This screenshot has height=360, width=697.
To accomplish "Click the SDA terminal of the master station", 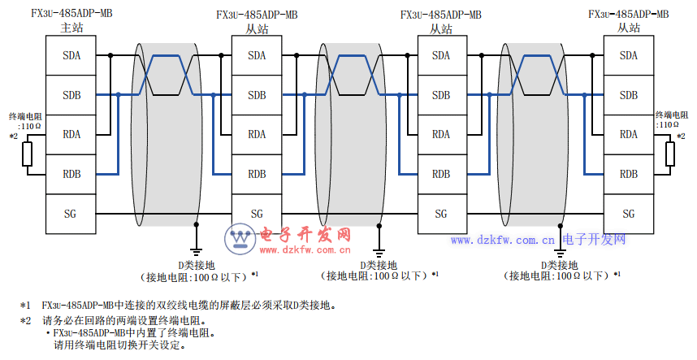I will [x=70, y=55].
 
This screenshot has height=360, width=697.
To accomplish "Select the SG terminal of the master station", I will [x=70, y=214].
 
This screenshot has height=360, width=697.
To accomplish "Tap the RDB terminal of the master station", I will [x=70, y=174].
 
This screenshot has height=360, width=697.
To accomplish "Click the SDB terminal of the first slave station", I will [x=257, y=95].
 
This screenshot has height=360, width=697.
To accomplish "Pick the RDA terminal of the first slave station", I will [x=257, y=134].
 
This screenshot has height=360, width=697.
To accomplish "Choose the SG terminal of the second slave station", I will [x=441, y=214].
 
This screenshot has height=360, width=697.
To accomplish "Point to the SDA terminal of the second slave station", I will [x=441, y=55].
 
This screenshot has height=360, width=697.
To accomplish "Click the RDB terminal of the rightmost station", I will [x=628, y=174].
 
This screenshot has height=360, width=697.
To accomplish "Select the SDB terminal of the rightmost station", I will [x=628, y=95].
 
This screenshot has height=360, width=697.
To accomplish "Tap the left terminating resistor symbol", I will [x=27, y=154].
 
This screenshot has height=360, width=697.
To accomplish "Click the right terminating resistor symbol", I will [x=670, y=154].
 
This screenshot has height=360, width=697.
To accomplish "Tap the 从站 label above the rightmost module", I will [x=629, y=28].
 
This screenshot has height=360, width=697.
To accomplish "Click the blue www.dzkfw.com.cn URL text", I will [x=503, y=241].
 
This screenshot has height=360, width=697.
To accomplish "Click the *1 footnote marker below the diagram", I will [x=25, y=306].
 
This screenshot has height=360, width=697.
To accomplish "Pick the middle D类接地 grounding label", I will [x=379, y=265].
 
